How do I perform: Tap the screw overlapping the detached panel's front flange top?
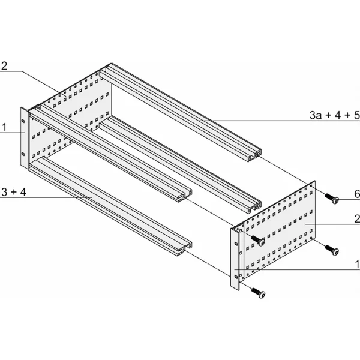tap(258, 239)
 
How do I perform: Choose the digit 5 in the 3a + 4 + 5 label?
tap(356, 115)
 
